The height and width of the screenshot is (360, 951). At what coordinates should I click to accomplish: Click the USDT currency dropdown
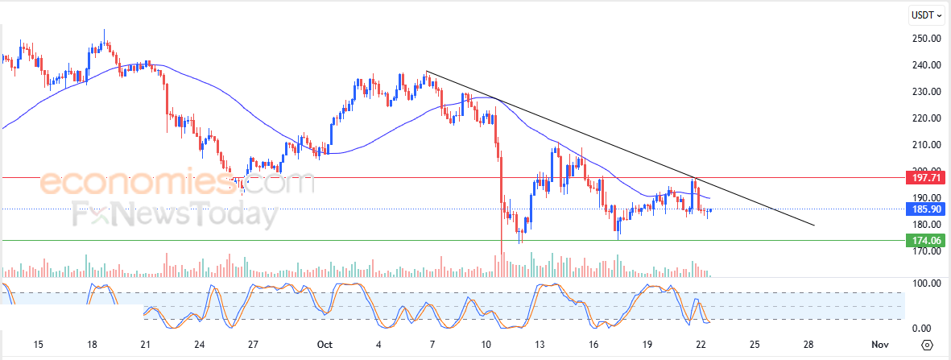[926, 14]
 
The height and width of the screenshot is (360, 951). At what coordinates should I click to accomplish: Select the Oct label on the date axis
[325, 345]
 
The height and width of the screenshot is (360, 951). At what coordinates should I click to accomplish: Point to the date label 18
[92, 345]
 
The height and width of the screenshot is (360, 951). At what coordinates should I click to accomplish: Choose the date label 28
[808, 345]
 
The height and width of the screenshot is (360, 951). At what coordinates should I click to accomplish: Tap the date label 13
[540, 345]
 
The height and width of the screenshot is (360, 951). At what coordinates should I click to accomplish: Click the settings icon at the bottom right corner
[927, 345]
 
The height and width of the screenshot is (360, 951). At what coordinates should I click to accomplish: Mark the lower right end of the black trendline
[815, 226]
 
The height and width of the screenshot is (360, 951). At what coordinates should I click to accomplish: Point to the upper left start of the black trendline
[426, 72]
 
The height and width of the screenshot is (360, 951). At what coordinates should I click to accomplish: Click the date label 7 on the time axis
[432, 345]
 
